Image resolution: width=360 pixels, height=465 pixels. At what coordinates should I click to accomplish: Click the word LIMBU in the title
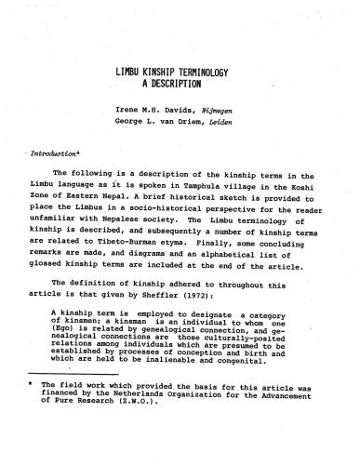point(128,70)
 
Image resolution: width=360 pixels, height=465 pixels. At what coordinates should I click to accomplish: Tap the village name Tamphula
point(206,185)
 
